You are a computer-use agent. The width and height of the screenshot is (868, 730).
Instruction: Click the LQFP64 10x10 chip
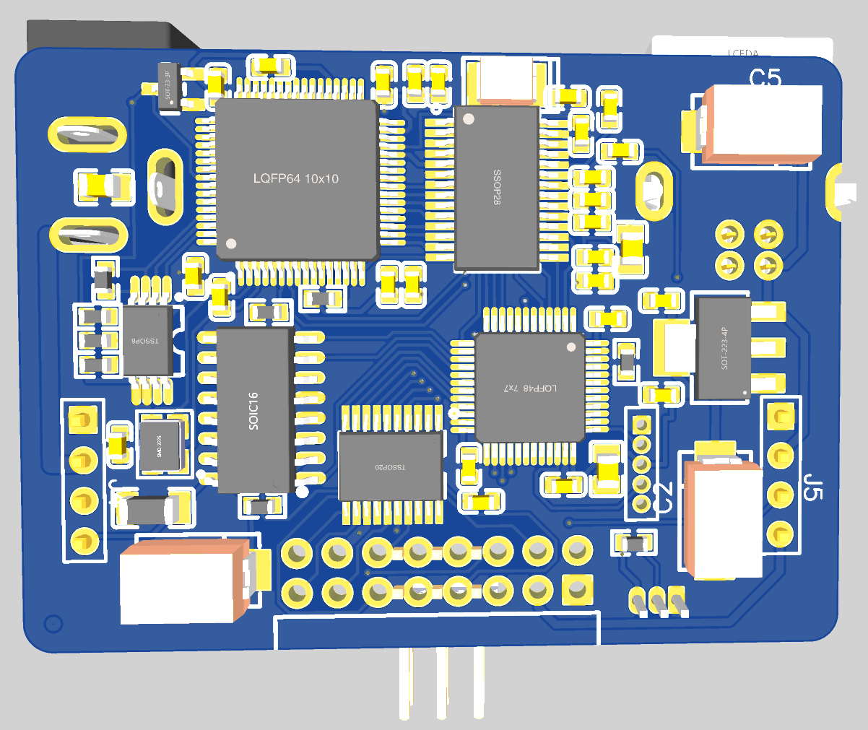point(296,178)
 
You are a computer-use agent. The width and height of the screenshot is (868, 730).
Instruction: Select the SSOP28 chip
point(497,188)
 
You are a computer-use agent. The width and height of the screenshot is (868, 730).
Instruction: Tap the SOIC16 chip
point(253,410)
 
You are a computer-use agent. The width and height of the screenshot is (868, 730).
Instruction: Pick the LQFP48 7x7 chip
point(529,388)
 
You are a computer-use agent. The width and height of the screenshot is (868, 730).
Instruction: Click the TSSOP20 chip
point(391,466)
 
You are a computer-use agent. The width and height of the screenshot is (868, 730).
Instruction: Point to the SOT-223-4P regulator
point(723,348)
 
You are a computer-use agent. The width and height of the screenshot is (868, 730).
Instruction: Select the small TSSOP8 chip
point(147,340)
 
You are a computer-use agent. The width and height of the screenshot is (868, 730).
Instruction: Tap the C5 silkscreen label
point(765,77)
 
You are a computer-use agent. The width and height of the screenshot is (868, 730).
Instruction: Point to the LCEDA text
point(743,53)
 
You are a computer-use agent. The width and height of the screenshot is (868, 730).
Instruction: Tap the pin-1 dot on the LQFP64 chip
point(231,243)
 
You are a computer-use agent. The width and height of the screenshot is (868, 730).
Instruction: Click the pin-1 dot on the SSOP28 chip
point(469,118)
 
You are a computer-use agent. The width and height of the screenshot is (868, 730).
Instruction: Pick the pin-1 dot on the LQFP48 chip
point(571,347)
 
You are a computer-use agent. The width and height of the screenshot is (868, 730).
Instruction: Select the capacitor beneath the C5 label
point(762,123)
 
